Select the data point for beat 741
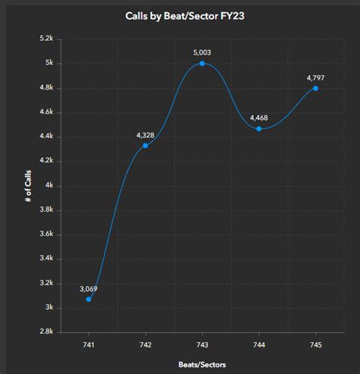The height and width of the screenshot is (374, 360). [89, 299]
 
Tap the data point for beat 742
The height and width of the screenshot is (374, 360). [145, 145]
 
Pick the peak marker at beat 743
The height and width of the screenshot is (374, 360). [202, 63]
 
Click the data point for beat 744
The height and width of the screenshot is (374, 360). [259, 129]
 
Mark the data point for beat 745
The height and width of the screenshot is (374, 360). [315, 88]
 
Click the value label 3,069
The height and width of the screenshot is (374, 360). [89, 288]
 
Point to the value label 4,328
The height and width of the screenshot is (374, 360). [146, 134]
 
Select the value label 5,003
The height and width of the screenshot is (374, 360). [202, 52]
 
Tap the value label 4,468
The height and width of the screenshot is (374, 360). [259, 118]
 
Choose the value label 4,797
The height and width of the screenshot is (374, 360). [315, 77]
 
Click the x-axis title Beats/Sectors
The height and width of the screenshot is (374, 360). [201, 365]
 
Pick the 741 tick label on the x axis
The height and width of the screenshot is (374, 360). [89, 344]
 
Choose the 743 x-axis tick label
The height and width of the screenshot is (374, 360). [202, 344]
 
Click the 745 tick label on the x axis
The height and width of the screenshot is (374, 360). [315, 344]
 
